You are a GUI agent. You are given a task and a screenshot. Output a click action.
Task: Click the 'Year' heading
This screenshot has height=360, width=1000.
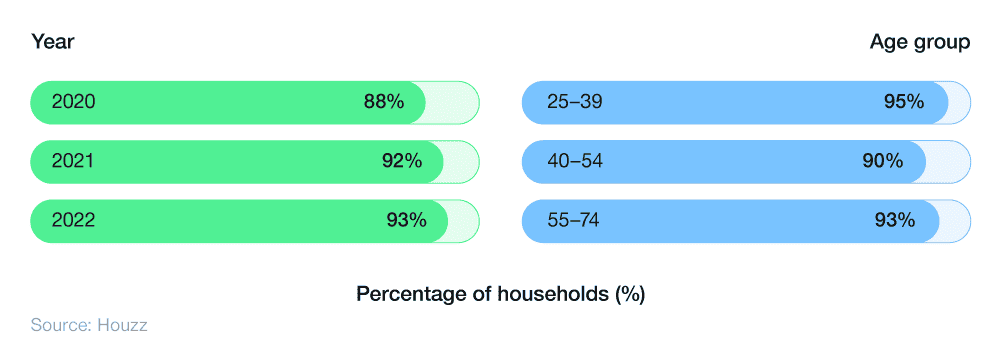coord(53,42)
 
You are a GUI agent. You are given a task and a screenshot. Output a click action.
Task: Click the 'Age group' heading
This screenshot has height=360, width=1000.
coord(919,42)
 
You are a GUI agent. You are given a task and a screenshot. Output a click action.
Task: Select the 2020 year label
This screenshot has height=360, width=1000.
coord(73,102)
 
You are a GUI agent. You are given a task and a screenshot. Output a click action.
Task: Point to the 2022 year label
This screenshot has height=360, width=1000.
coord(73,220)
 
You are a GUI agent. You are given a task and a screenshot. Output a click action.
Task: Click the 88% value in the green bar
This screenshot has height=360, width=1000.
coord(384,102)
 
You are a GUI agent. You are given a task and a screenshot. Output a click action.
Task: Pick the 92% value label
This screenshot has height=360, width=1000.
coord(402,161)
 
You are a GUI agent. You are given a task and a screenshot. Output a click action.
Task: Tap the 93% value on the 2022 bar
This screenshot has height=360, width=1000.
coord(407,220)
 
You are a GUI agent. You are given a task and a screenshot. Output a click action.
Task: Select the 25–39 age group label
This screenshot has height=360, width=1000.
coord(575,102)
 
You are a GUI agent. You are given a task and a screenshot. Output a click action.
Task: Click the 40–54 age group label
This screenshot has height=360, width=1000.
coord(575,161)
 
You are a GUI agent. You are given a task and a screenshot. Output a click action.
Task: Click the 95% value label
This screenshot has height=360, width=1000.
coord(904,102)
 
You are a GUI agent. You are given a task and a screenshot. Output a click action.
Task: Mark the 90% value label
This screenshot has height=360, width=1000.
coord(882,161)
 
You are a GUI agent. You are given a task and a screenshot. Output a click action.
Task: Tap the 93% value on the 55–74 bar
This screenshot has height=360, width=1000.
coord(895,220)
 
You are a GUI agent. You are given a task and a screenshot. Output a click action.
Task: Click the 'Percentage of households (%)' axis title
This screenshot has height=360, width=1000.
coord(500,295)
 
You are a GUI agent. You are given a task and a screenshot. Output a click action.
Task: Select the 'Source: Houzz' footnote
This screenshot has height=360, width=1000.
coord(89,325)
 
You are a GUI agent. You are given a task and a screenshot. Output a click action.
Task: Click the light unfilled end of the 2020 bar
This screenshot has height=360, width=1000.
coord(452,102)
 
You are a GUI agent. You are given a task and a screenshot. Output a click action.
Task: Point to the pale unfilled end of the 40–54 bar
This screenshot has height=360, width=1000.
coord(947,161)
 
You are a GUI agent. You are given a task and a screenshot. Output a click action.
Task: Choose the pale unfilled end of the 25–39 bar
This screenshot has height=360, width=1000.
coord(959,102)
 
